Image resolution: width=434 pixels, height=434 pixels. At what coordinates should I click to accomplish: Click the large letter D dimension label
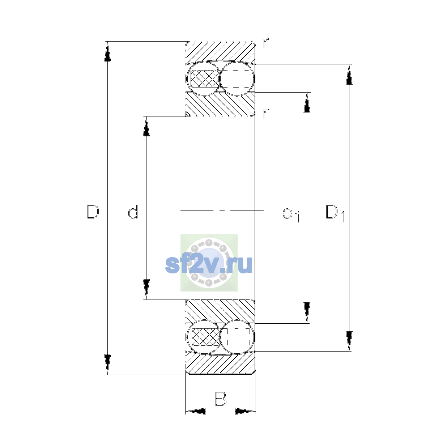(93, 212)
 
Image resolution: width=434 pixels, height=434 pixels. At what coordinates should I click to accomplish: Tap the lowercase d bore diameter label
(133, 212)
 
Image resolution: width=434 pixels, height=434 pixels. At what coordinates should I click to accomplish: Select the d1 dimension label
(291, 213)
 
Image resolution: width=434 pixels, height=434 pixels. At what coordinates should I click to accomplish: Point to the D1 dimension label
(335, 213)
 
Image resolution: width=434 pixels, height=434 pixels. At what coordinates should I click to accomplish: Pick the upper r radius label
(266, 43)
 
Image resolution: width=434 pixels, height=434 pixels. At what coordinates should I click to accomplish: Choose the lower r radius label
(266, 114)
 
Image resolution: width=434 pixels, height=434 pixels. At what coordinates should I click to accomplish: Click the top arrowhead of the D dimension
(107, 51)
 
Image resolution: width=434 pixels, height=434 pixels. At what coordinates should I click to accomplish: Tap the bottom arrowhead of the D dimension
(107, 364)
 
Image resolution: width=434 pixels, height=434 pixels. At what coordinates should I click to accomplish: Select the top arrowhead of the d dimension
(146, 126)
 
